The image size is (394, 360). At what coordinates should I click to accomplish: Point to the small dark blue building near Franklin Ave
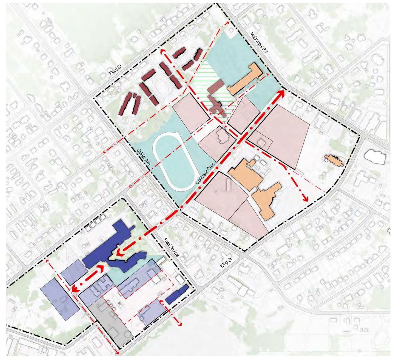click(177, 294)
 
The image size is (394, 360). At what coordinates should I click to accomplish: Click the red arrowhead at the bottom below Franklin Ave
click(179, 324)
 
